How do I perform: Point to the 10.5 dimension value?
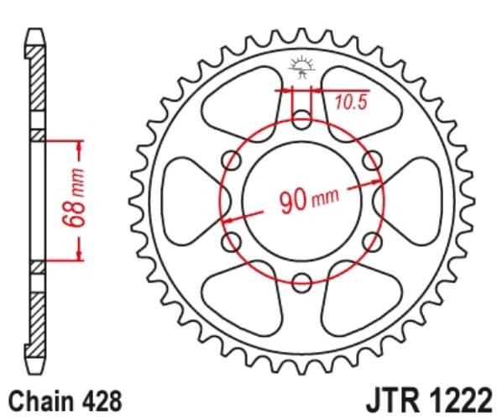pyautogui.click(x=351, y=103)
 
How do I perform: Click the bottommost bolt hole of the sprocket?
pyautogui.click(x=301, y=281)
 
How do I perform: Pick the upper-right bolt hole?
pyautogui.click(x=370, y=161)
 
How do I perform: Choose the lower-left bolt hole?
pyautogui.click(x=231, y=242)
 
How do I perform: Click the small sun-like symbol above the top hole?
pyautogui.click(x=301, y=65)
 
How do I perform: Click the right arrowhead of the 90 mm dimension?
pyautogui.click(x=375, y=182)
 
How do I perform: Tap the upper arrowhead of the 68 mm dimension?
pyautogui.click(x=81, y=143)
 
